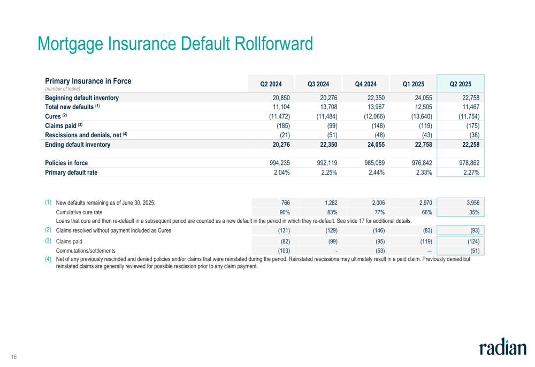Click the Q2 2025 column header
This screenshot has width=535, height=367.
point(460,84)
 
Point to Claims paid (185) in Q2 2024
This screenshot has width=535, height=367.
point(282,125)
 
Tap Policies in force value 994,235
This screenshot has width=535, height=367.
point(277,163)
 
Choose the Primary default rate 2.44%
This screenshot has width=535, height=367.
point(374,173)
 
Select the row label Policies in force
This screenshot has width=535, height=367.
point(66,163)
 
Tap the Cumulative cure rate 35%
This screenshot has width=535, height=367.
point(473,212)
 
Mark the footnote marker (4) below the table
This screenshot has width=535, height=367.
point(48,259)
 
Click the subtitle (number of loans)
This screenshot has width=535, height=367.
point(63,88)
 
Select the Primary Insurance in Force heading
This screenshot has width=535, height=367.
point(88,81)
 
